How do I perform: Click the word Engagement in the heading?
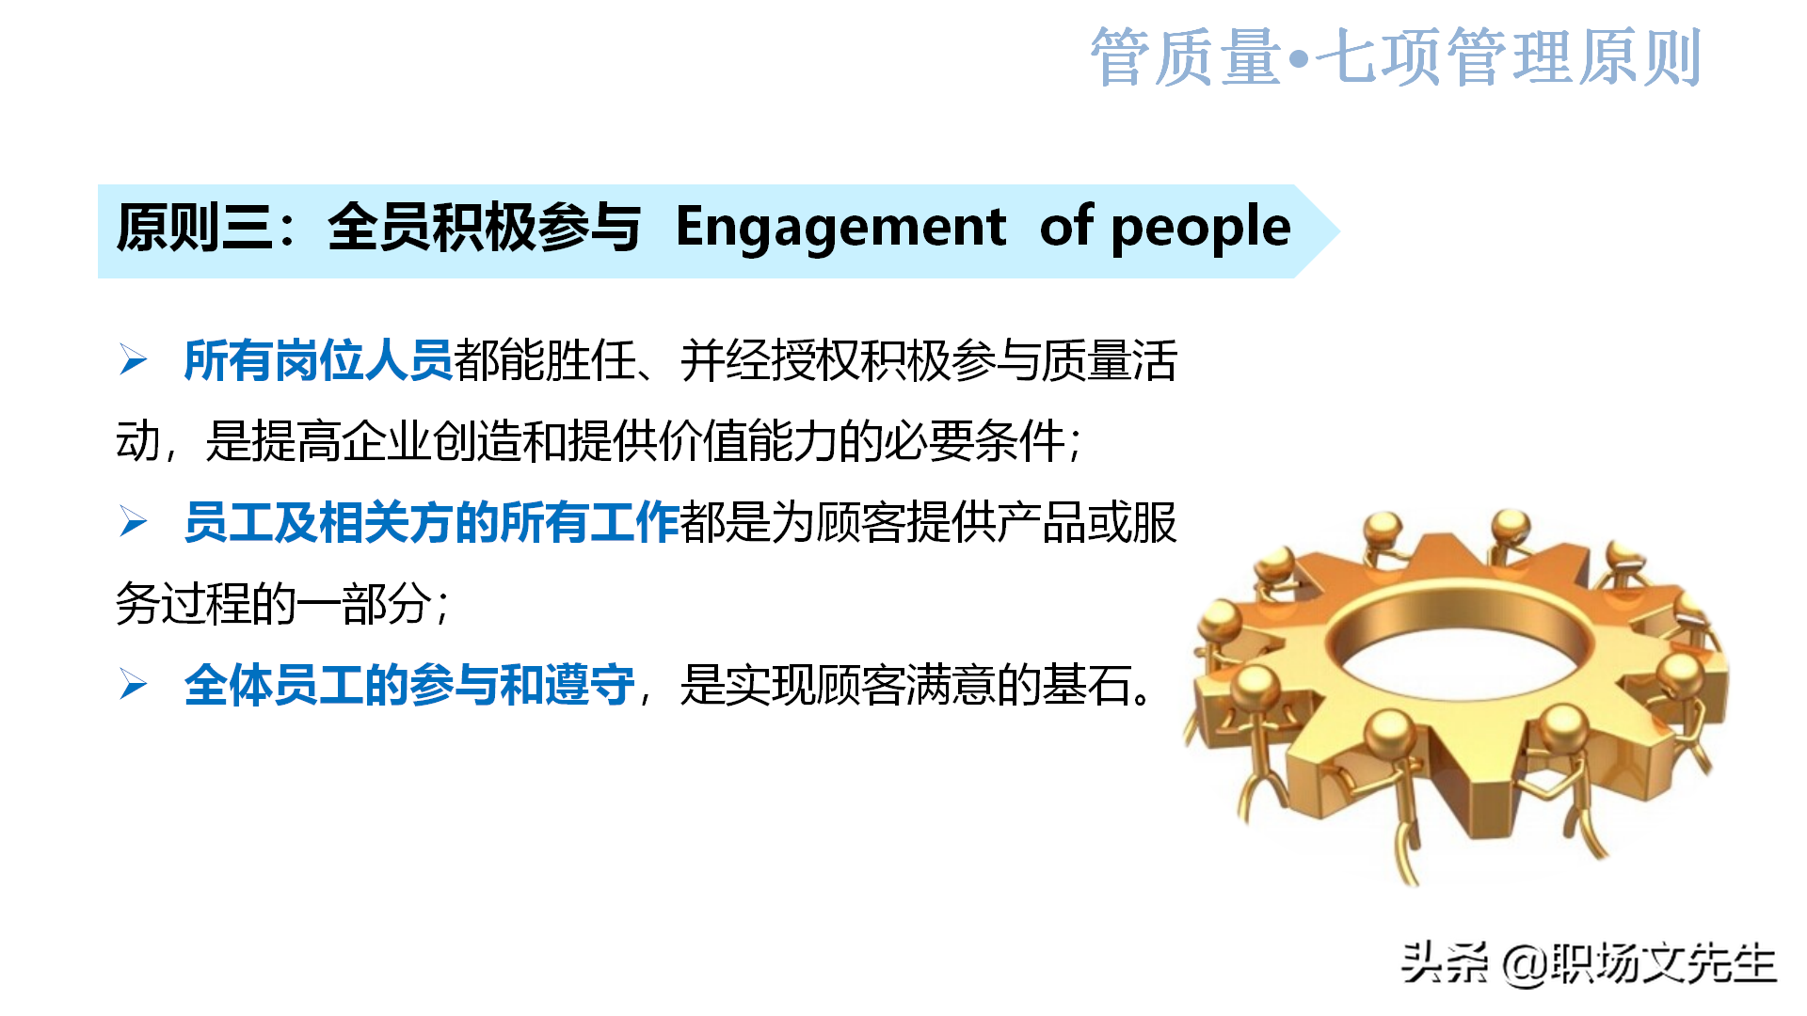[x=840, y=228]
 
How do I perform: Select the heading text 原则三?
[x=195, y=228]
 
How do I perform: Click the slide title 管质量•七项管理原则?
[x=1395, y=57]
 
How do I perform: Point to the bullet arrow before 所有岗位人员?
[x=134, y=360]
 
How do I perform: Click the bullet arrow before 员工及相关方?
[x=134, y=522]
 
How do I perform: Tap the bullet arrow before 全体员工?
[x=134, y=685]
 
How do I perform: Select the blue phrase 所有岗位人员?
[x=318, y=360]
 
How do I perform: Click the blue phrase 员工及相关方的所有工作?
[x=431, y=522]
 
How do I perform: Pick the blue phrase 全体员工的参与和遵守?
[x=409, y=685]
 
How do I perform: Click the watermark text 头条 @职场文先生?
[x=1588, y=963]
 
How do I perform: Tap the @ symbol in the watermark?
[x=1525, y=964]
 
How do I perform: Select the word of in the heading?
[x=1066, y=228]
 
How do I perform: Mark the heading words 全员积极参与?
[x=484, y=228]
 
